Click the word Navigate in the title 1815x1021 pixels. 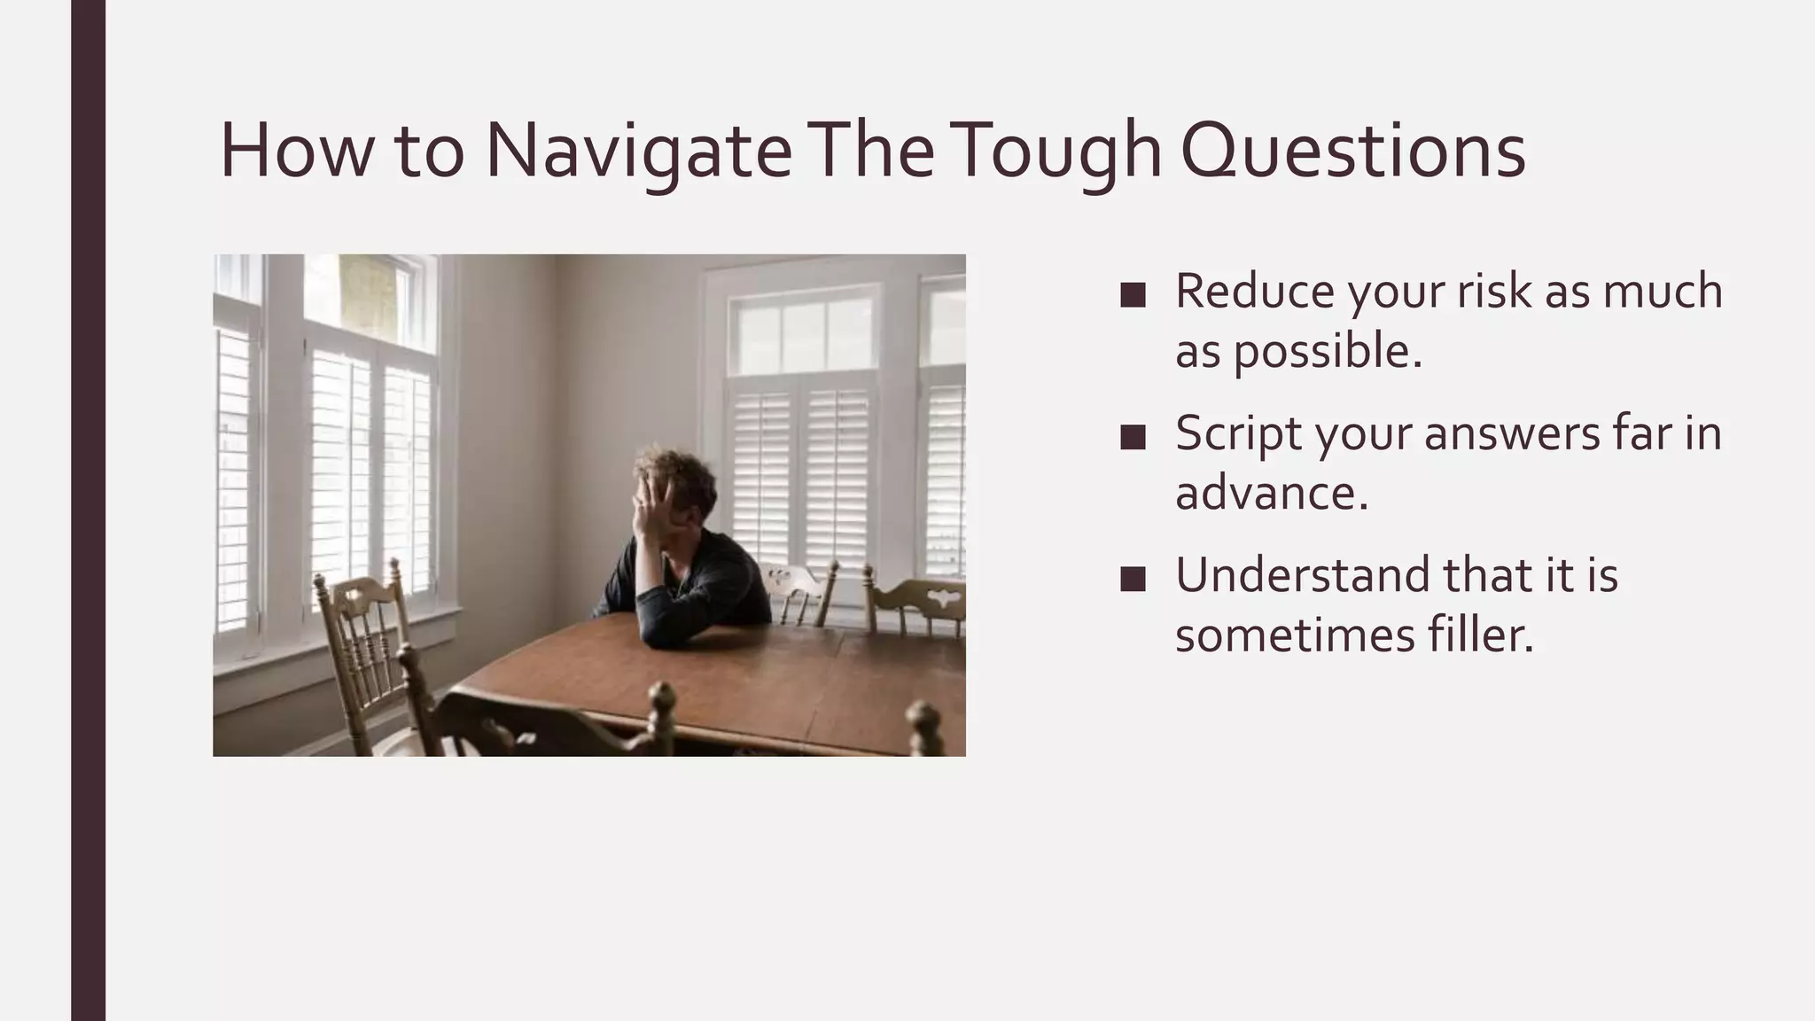click(638, 151)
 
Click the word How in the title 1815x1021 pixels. click(297, 151)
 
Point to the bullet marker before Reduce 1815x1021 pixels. click(1133, 295)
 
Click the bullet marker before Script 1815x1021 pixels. click(1133, 437)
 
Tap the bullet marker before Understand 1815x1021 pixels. click(1133, 580)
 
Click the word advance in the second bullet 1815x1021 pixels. click(1271, 493)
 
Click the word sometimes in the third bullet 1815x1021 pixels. click(1295, 635)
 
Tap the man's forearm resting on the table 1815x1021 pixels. click(700, 625)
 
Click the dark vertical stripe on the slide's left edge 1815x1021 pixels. click(88, 510)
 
